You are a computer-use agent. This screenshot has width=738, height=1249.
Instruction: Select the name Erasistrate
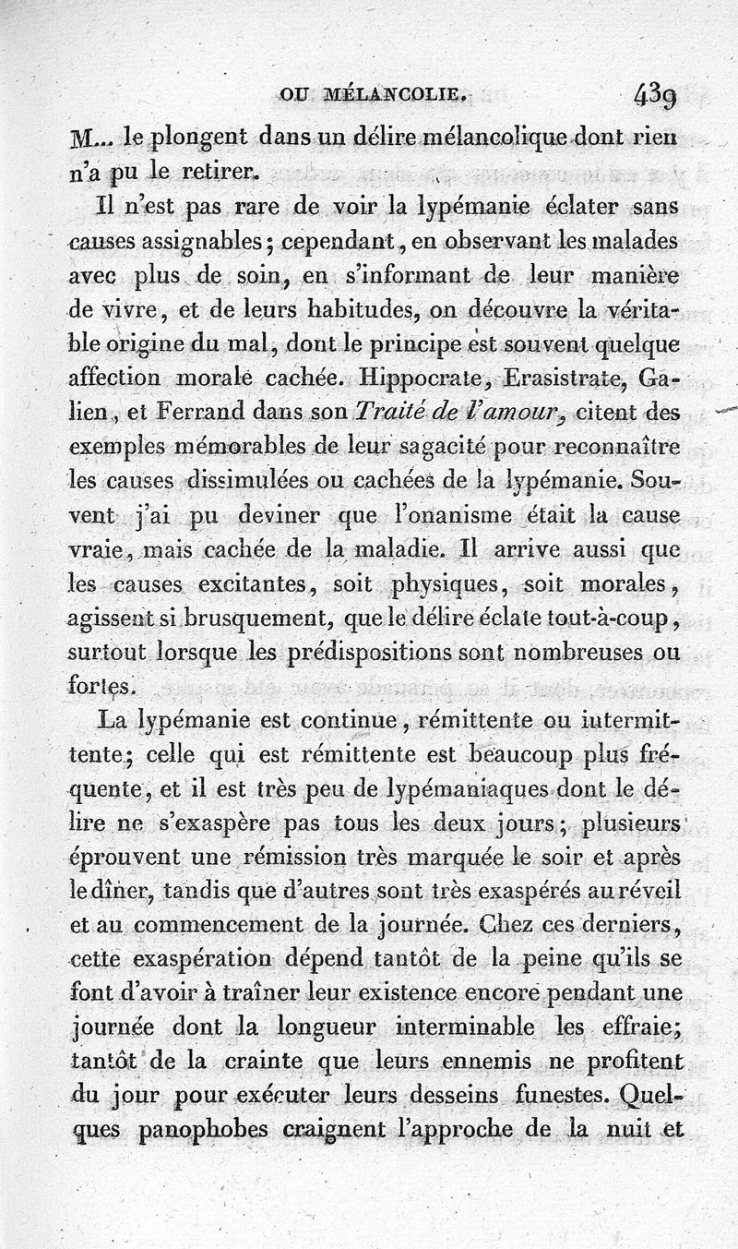(577, 378)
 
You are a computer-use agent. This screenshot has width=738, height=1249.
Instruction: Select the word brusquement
(250, 618)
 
